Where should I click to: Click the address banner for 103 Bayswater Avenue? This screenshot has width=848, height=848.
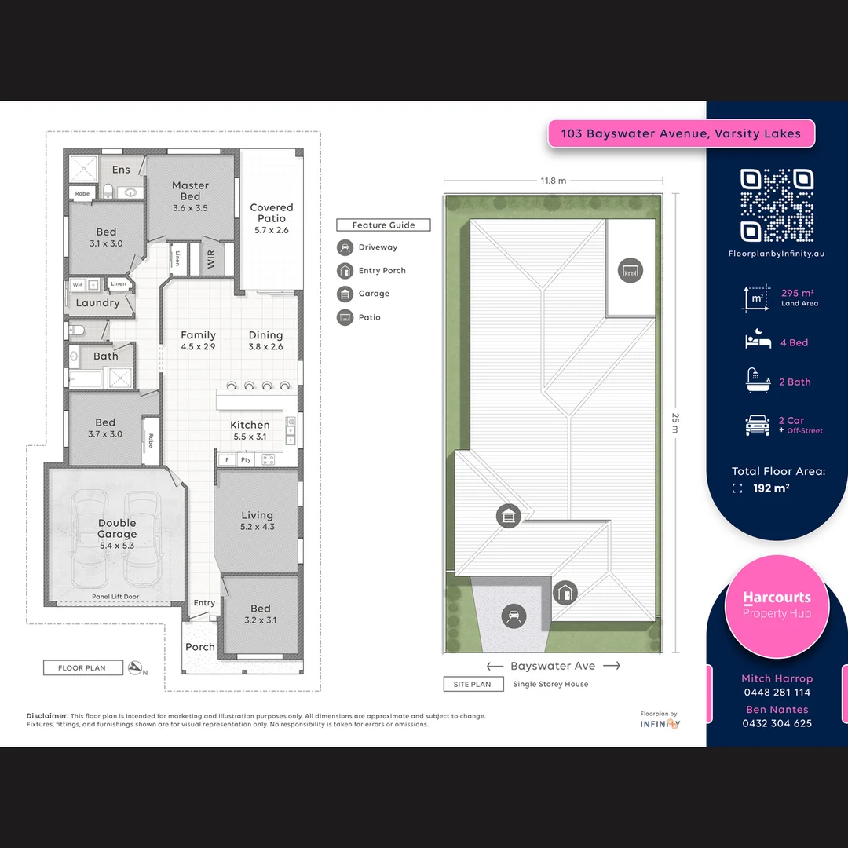[x=681, y=133]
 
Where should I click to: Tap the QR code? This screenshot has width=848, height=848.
[x=777, y=205]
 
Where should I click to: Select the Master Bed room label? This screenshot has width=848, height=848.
[x=191, y=196]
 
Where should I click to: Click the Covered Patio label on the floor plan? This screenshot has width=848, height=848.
[x=272, y=218]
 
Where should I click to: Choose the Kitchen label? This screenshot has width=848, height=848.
[x=250, y=430]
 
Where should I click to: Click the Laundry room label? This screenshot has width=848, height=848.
[x=98, y=303]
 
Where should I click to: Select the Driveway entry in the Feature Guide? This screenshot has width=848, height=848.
[x=378, y=247]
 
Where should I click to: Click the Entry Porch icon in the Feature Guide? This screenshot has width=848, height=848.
[x=345, y=271]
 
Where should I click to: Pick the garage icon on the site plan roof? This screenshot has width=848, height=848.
[x=509, y=517]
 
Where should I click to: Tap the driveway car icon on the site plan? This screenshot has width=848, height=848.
[x=514, y=616]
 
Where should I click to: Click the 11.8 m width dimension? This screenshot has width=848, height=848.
[x=553, y=181]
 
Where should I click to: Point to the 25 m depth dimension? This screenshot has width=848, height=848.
[x=674, y=423]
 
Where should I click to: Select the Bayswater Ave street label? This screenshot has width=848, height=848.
[x=553, y=666]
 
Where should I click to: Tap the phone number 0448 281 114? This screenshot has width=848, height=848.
[x=777, y=693]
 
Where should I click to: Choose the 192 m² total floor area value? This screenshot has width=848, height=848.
[x=771, y=488]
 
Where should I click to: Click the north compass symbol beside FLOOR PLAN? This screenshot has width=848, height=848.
[x=137, y=668]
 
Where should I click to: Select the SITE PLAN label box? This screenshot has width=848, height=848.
[x=472, y=684]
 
